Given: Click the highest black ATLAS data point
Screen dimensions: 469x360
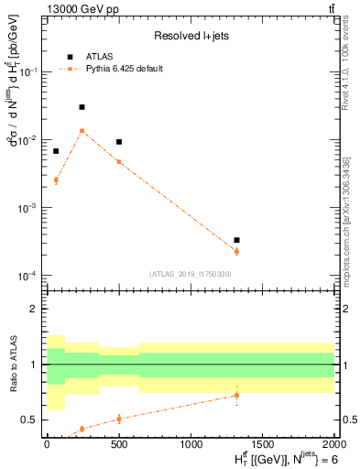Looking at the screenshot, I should click(82, 107).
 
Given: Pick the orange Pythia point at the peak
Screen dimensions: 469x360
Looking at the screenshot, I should click(82, 130).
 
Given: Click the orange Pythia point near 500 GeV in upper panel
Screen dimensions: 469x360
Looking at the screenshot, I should click(119, 162).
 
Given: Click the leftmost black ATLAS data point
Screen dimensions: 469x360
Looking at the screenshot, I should click(56, 151).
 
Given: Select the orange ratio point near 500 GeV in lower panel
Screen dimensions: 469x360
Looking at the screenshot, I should click(119, 419).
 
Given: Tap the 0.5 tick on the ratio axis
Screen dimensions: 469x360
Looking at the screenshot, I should click(34, 420).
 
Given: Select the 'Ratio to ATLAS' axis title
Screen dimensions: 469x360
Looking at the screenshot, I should click(12, 364).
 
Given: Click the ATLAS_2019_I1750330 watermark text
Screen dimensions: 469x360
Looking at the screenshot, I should click(191, 274).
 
